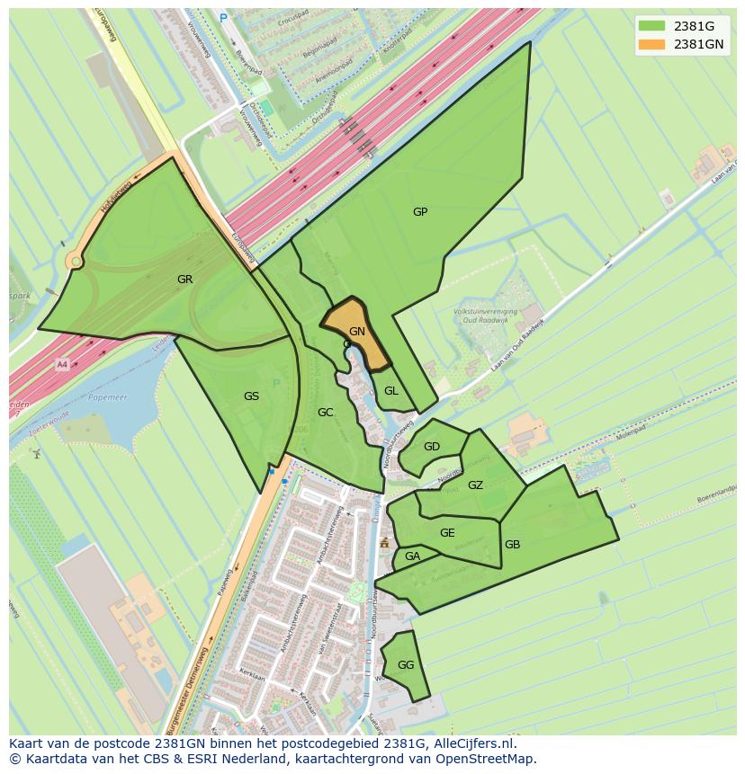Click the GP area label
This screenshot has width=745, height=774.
point(420,212)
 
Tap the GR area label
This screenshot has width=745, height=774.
point(184,280)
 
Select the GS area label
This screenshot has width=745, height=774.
point(251,396)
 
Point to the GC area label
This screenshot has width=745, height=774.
point(326,413)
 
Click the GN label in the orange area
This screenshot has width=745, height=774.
point(357,332)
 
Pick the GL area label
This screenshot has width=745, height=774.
point(391,391)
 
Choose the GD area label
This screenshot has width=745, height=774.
point(432,447)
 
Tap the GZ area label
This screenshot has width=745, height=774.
point(476,485)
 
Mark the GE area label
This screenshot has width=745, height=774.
point(447,533)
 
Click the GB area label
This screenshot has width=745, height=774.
point(512,545)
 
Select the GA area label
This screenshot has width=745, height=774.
point(412,556)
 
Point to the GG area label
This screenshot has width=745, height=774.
point(406,665)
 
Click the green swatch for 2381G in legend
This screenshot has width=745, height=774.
point(652,25)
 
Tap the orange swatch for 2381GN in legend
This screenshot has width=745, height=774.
point(652,43)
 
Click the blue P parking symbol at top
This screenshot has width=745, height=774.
point(223,16)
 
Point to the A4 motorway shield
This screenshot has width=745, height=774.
point(62,365)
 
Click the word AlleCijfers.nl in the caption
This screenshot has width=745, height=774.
point(484,743)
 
